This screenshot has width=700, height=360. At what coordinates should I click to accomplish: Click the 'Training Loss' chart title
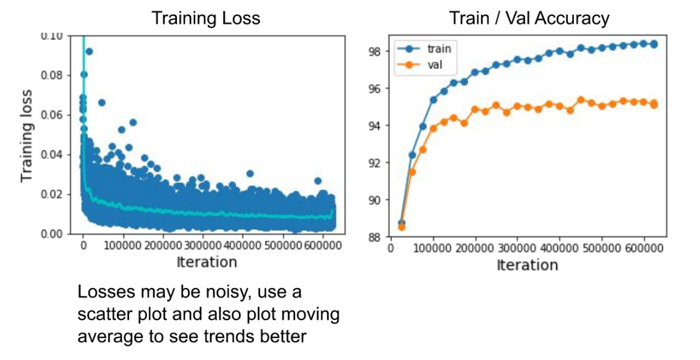(205, 18)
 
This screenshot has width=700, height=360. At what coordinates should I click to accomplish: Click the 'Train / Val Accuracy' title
(528, 18)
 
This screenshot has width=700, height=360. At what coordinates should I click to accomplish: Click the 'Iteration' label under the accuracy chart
(527, 265)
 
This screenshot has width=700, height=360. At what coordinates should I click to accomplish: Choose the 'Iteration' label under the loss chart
(206, 262)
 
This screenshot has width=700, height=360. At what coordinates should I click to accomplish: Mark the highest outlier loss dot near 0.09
(89, 52)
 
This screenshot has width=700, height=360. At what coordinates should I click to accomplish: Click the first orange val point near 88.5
(401, 227)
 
